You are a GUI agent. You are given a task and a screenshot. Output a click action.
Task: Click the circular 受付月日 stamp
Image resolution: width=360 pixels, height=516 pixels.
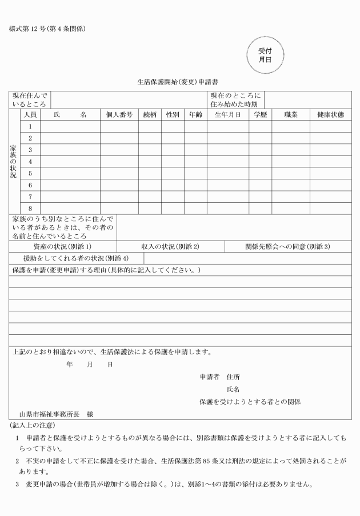point(263,55)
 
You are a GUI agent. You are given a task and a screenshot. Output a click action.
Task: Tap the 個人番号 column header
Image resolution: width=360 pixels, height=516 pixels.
point(119,114)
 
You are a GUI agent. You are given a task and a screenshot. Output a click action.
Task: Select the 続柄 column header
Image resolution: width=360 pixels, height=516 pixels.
point(150,114)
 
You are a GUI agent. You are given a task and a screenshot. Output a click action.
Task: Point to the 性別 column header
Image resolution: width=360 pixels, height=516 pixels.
point(173,114)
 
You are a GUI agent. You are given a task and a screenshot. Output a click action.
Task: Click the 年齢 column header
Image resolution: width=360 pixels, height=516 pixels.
point(195,114)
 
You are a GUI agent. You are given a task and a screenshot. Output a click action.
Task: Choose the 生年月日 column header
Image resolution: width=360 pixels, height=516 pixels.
point(227,114)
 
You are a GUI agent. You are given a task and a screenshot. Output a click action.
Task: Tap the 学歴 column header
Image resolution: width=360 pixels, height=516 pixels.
point(260,114)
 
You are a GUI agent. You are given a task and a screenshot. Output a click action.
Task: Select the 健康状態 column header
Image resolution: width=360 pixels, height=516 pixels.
point(331,114)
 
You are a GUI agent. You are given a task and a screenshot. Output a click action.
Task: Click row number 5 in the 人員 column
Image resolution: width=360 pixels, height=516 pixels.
point(30,173)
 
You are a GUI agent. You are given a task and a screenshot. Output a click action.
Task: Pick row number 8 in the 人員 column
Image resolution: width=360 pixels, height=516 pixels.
point(30,209)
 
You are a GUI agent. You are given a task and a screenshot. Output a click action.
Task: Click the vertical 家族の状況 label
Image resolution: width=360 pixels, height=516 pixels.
point(14,162)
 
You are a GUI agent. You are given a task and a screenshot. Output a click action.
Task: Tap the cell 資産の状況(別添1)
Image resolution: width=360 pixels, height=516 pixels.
point(63,247)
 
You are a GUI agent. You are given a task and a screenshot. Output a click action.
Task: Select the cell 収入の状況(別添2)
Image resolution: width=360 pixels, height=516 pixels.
point(170,247)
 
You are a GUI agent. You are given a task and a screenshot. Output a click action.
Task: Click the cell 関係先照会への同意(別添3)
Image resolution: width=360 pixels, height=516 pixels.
point(287,247)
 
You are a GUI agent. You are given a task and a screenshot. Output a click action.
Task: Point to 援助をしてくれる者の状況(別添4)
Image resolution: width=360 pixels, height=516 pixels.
point(76,258)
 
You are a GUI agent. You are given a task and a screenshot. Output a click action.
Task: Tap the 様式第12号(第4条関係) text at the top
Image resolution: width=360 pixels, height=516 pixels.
point(47,29)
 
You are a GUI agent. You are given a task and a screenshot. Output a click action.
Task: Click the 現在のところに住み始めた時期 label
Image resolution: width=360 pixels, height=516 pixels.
point(235,100)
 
